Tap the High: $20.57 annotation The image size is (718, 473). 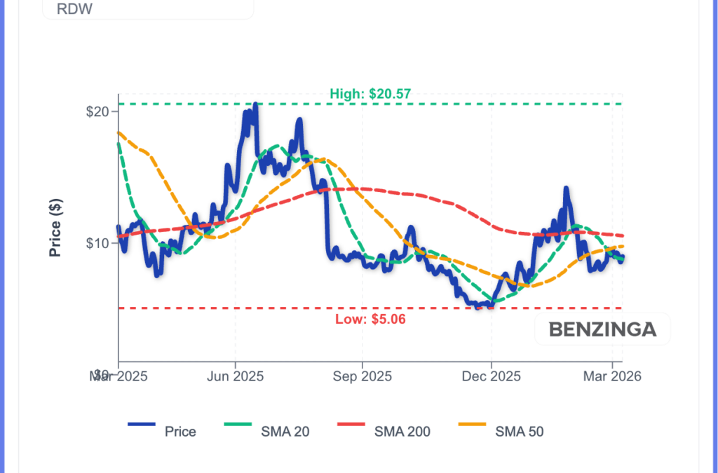coord(370,94)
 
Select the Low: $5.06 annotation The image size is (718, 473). coord(370,320)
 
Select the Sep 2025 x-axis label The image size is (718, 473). coord(362,376)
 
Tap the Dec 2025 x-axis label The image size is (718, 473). coord(492,376)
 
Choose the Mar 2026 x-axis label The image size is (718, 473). coord(612,376)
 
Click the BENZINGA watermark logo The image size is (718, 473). coord(602,329)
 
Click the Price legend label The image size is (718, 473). coord(180,432)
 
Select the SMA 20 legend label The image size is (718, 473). coord(285,432)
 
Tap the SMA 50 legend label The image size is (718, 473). coord(520,432)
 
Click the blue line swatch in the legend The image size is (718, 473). coord(141,425)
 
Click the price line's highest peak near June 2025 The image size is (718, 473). coord(255,104)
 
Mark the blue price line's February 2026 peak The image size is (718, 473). coord(565,188)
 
